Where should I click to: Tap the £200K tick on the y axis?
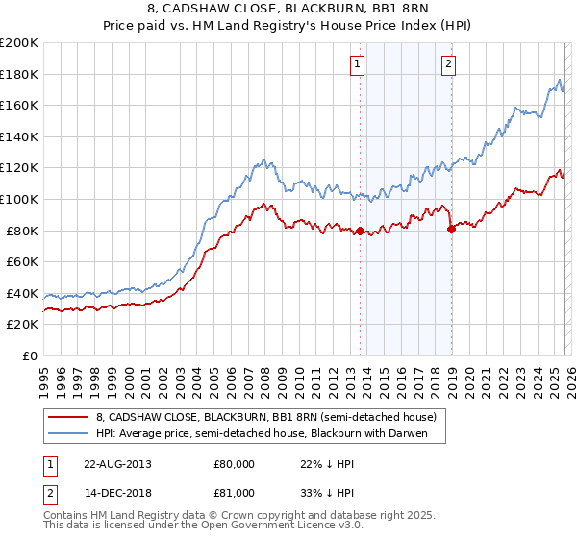pyautogui.click(x=19, y=43)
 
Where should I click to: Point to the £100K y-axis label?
pyautogui.click(x=19, y=199)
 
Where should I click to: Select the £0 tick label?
pyautogui.click(x=29, y=355)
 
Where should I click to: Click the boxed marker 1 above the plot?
pyautogui.click(x=357, y=64)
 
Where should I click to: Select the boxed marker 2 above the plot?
pyautogui.click(x=448, y=64)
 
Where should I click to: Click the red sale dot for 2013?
pyautogui.click(x=360, y=231)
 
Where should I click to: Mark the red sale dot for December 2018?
pyautogui.click(x=450, y=229)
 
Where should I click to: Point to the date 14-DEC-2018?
pyautogui.click(x=116, y=492)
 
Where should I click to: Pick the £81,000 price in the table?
pyautogui.click(x=234, y=492)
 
